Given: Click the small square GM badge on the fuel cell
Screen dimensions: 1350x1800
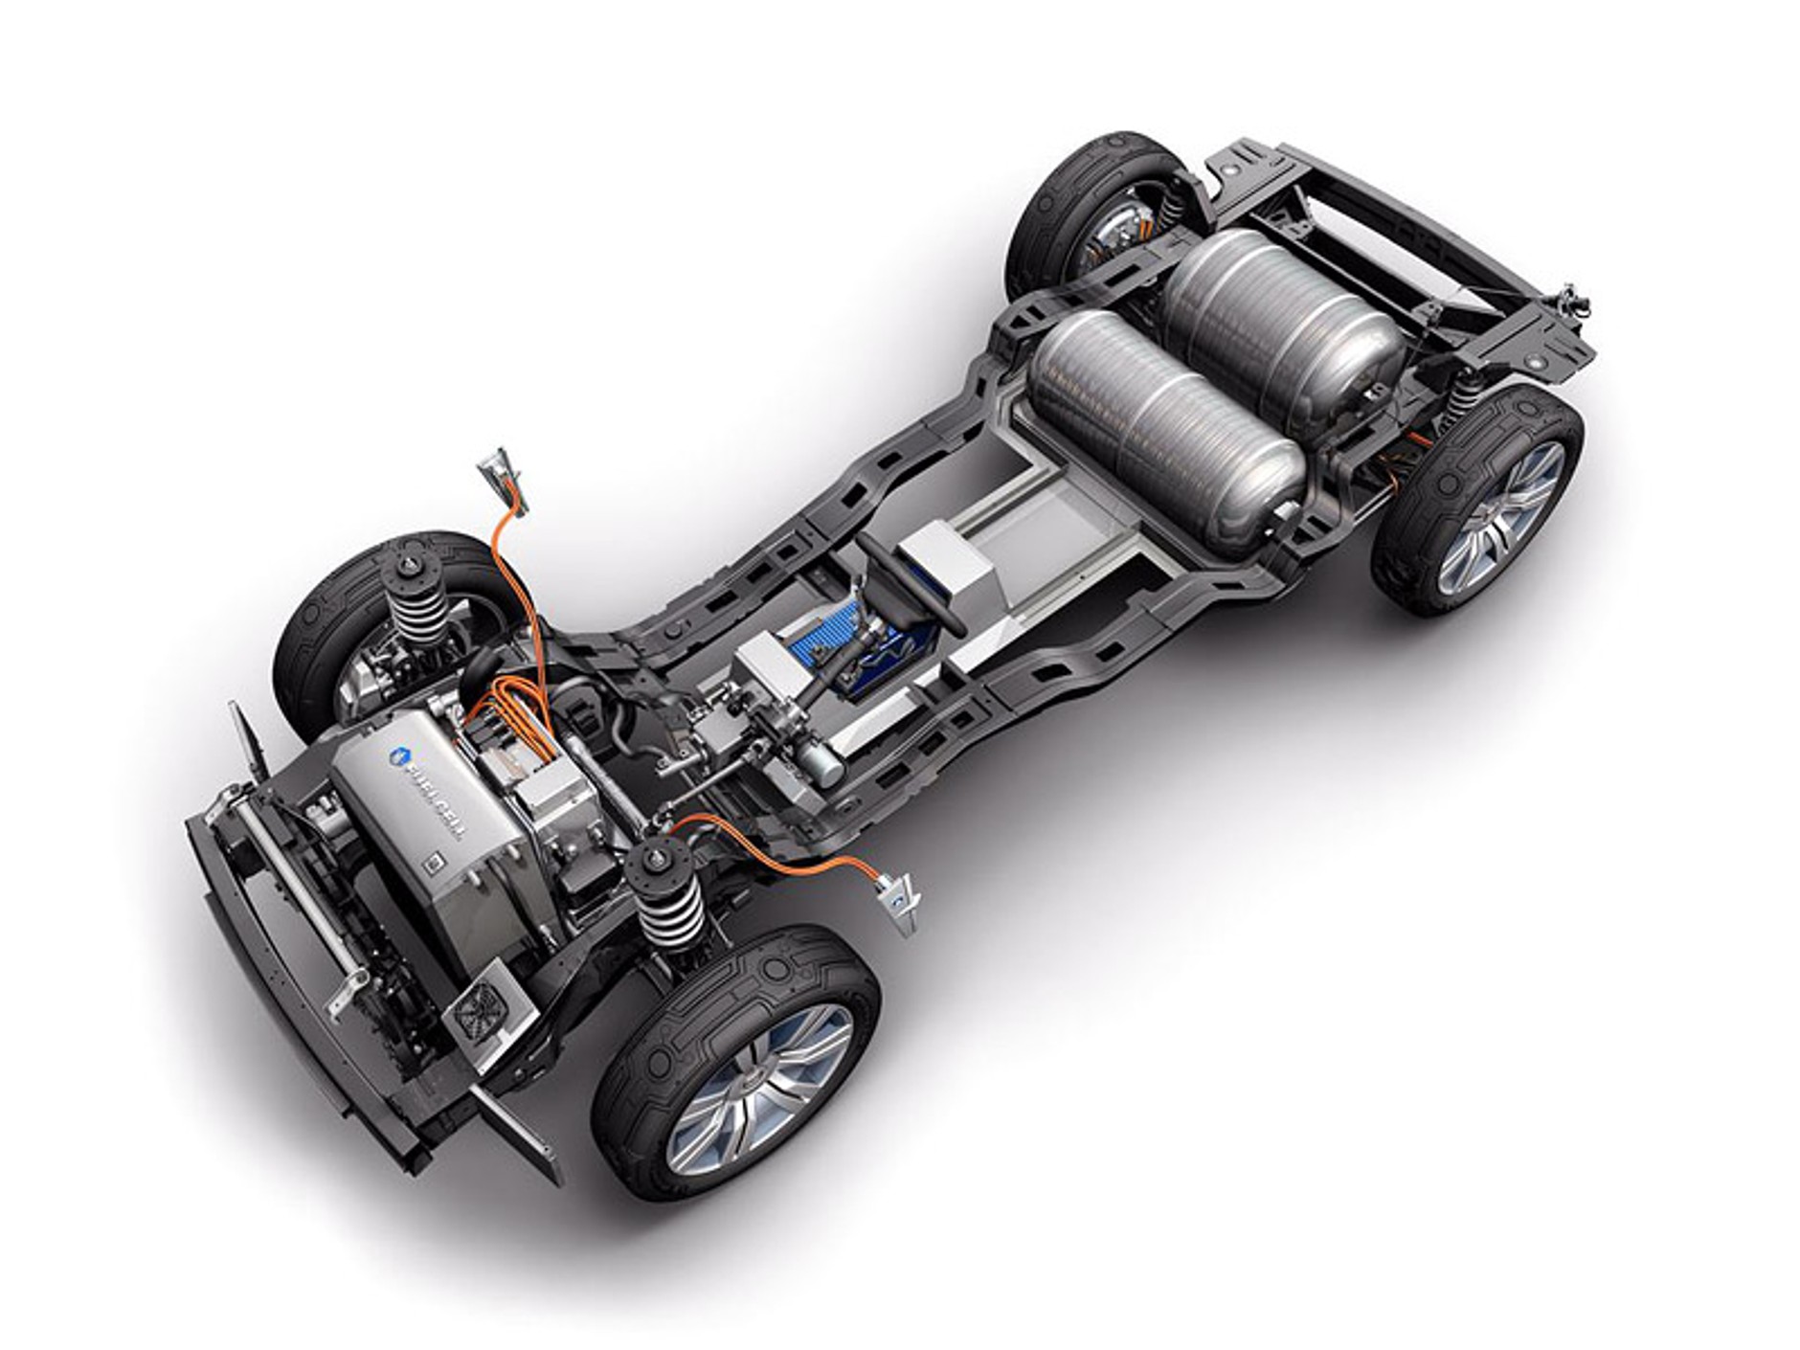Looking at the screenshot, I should (434, 862).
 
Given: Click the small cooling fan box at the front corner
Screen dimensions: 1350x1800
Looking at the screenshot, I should (483, 1006).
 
